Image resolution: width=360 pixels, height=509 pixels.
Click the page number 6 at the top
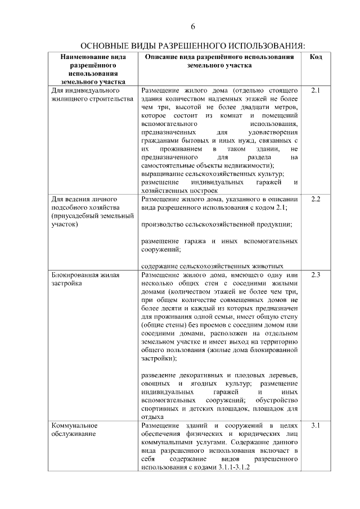pos(192,26)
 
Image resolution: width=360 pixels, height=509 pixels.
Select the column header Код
pos(316,58)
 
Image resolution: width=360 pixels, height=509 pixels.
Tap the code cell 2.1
pos(316,90)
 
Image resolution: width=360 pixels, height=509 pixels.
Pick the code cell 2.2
pos(316,200)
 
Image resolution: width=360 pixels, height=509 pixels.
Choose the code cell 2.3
pos(316,275)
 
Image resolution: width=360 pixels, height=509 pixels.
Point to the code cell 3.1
pos(316,425)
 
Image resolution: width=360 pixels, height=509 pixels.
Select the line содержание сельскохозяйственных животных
pos(211,266)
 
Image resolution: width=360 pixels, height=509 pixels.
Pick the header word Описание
pos(161,58)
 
